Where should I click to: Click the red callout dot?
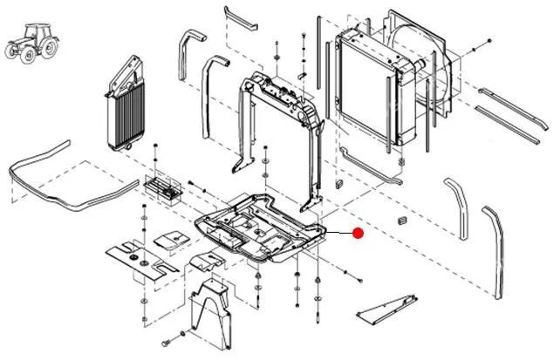pos(358,233)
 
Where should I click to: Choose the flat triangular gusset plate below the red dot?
pos(386,306)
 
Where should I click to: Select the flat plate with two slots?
pos(140,257)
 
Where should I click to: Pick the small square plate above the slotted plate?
pos(171,237)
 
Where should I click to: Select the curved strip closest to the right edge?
pos(495,244)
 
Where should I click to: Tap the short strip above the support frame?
pos(240,17)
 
